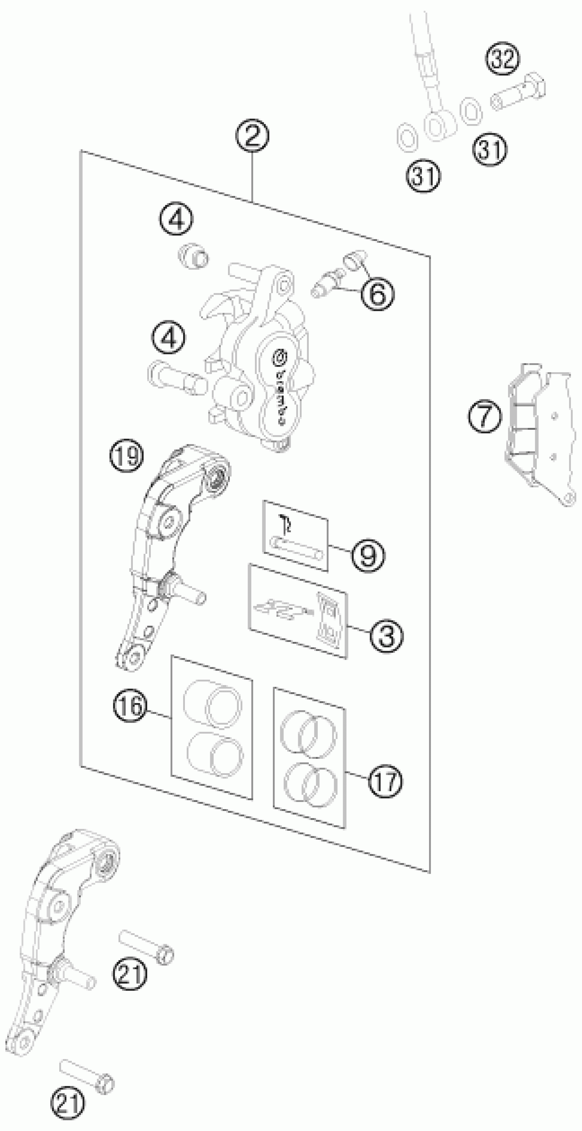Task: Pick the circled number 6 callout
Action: click(377, 294)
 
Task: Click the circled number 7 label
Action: click(484, 415)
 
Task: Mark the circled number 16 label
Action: click(130, 706)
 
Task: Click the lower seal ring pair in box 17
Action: click(310, 784)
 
